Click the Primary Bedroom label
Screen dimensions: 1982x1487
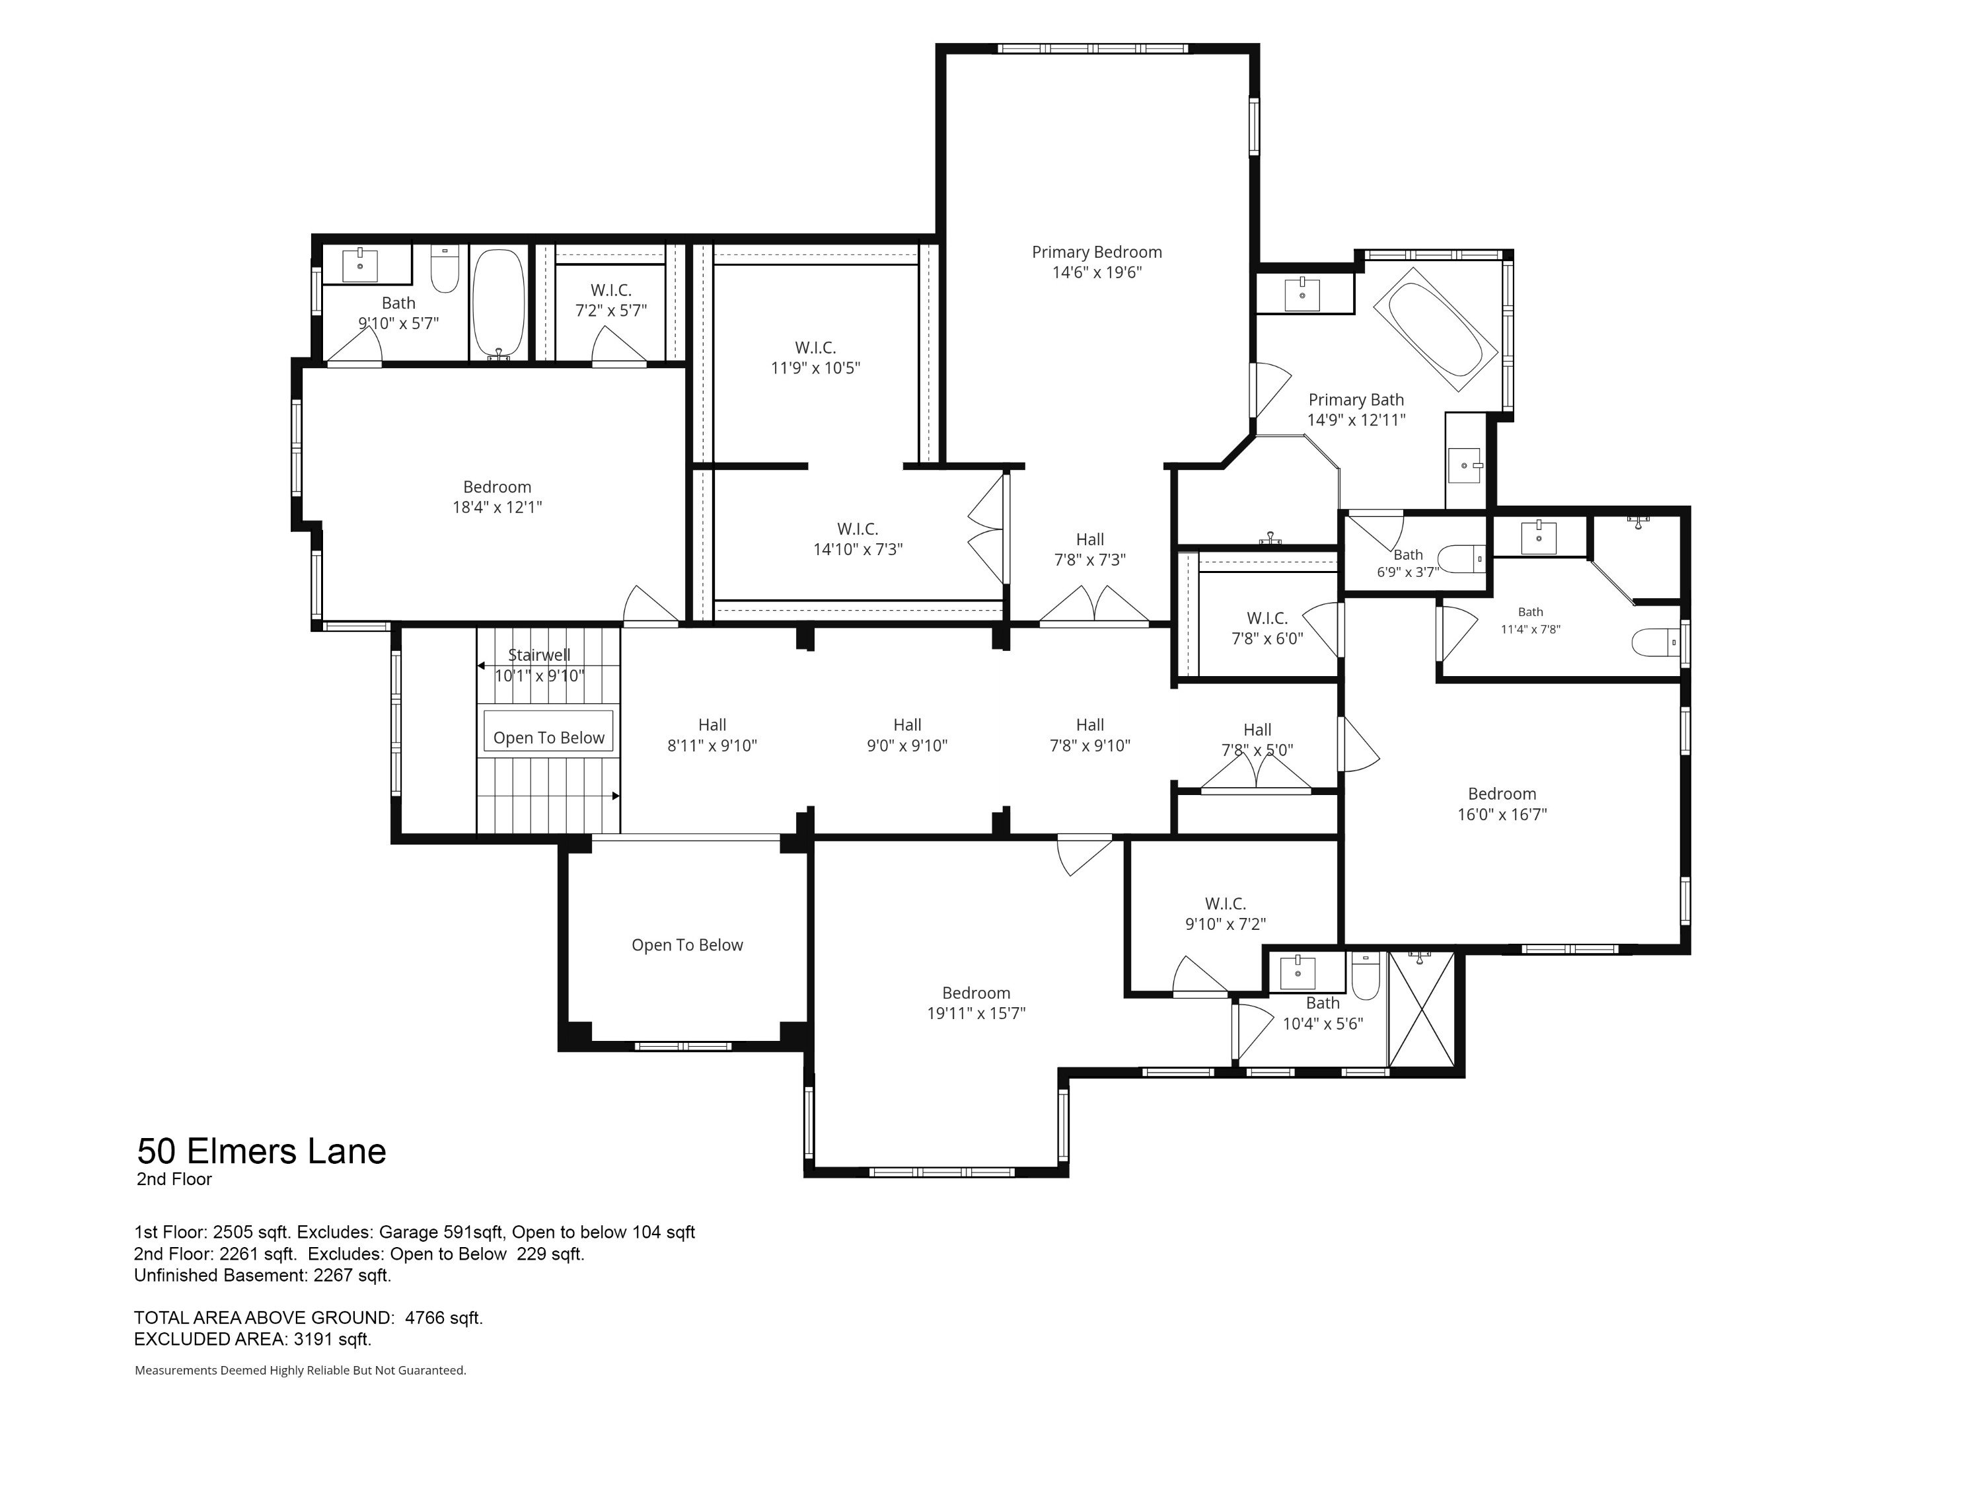(x=1097, y=252)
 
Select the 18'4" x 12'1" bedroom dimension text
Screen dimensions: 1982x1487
(x=497, y=508)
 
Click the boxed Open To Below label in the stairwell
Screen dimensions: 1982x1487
(x=549, y=738)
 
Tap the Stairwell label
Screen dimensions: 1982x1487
(x=539, y=655)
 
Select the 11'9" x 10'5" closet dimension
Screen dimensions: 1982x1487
(x=815, y=367)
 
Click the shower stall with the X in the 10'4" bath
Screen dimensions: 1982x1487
(x=1421, y=1009)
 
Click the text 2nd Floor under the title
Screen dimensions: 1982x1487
(x=174, y=1180)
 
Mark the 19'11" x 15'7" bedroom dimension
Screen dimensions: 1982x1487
(x=976, y=1014)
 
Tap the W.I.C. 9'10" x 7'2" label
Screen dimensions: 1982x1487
(x=1226, y=913)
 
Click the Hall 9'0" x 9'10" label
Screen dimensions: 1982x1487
(x=908, y=735)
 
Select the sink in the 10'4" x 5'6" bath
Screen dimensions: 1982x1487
(x=1298, y=972)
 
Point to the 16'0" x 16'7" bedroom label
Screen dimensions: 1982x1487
(x=1502, y=804)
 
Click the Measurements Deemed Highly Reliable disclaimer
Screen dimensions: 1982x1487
(x=300, y=1371)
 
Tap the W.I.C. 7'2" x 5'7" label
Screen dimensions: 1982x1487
(x=611, y=300)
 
